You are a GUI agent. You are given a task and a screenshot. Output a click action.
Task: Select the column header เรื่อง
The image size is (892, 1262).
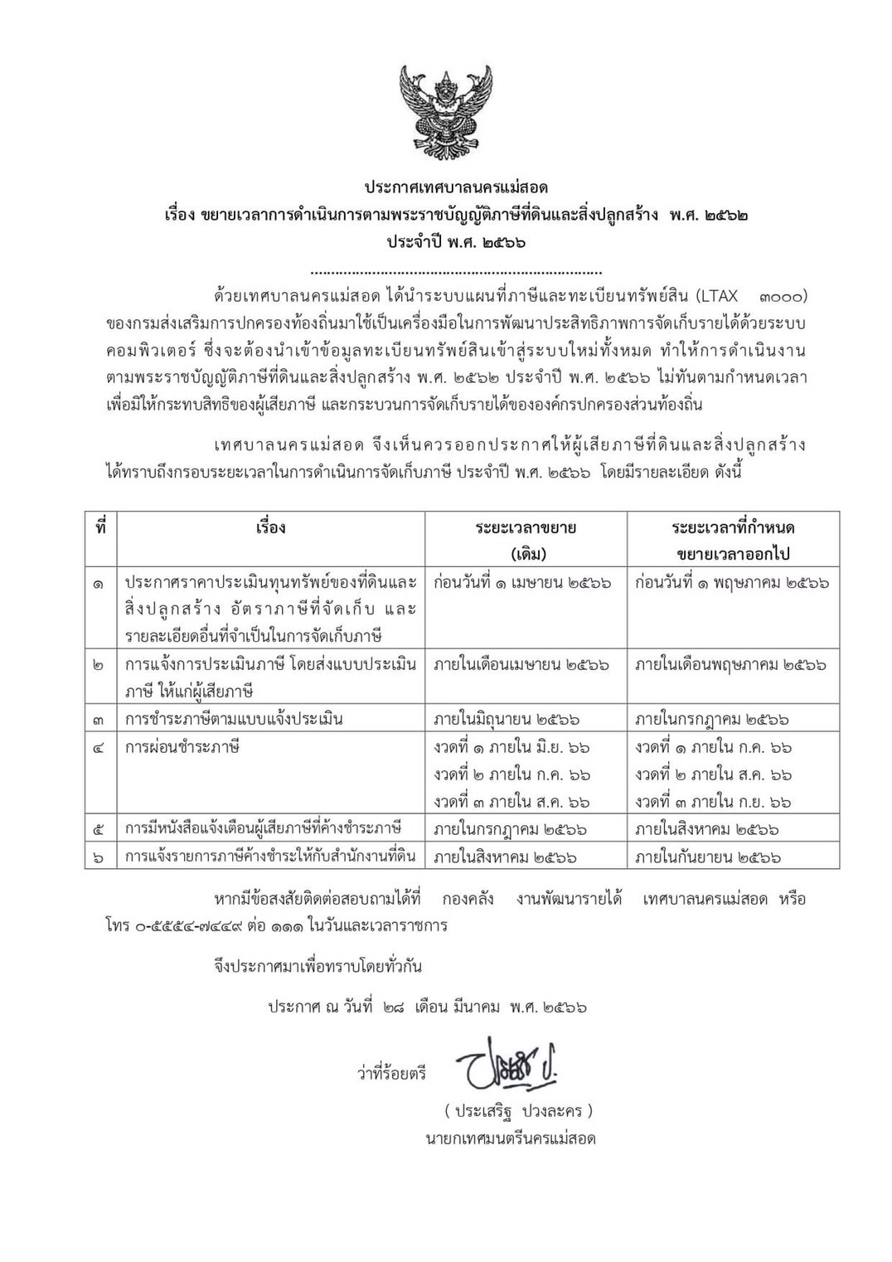[271, 527]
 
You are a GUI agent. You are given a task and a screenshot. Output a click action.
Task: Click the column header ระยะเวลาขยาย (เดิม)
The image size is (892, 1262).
[526, 540]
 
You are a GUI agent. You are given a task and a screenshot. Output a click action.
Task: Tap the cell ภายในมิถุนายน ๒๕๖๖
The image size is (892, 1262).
[507, 719]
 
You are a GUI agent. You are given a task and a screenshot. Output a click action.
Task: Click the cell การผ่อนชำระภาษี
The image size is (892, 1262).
[182, 746]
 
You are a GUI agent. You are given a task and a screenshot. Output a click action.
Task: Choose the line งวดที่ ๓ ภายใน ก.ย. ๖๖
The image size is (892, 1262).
[713, 802]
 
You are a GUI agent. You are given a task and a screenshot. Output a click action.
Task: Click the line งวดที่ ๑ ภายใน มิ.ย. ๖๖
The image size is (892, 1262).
[511, 747]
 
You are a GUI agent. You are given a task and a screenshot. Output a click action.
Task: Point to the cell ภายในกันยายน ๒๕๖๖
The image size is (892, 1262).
[708, 857]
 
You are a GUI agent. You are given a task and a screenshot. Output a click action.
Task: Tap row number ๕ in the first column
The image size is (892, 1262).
[99, 829]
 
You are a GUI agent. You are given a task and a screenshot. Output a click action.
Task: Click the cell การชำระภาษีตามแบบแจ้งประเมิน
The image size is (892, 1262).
[234, 719]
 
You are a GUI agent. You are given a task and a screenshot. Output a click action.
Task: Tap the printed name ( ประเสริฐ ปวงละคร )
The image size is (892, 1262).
[518, 1110]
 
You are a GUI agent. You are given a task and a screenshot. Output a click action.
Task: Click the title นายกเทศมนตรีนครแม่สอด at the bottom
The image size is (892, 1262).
[511, 1138]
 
